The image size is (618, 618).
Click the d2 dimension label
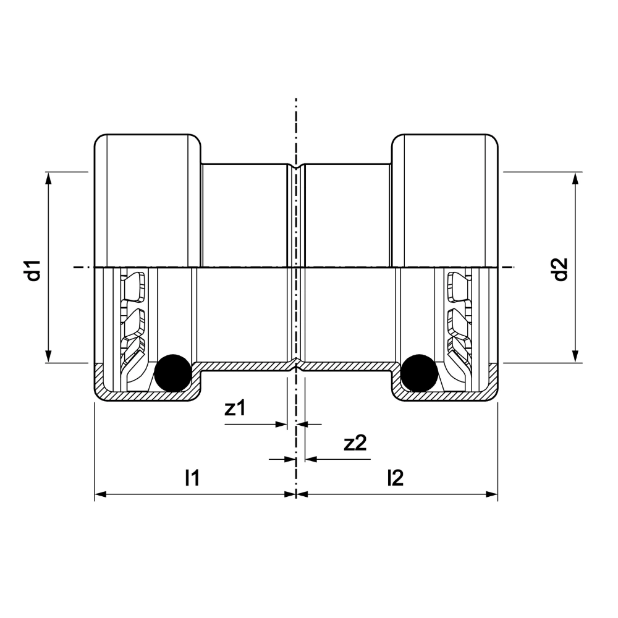[x=561, y=269]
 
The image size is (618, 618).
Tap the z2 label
[x=355, y=443]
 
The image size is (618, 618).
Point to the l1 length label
[x=193, y=478]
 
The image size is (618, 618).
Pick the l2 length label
[x=396, y=478]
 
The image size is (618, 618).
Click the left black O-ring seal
[x=173, y=373]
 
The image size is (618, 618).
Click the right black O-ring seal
[x=419, y=373]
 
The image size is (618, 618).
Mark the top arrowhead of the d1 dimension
[x=48, y=178]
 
